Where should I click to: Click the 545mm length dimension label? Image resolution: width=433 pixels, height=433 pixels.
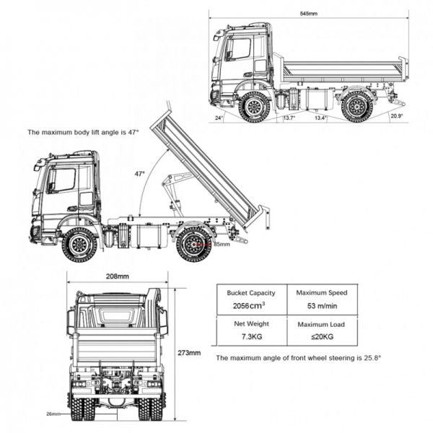tap(309, 14)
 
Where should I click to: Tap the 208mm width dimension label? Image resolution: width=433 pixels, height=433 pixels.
tap(118, 276)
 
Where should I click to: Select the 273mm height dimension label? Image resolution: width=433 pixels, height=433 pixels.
tap(190, 353)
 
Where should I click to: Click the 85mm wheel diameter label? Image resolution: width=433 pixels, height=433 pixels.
tap(222, 244)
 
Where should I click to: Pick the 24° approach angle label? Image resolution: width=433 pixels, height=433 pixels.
tap(219, 117)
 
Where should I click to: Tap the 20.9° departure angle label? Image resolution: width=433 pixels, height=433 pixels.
tap(396, 115)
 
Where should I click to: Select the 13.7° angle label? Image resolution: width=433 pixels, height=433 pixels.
tap(289, 118)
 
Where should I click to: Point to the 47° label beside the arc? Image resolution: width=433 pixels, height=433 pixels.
tap(139, 174)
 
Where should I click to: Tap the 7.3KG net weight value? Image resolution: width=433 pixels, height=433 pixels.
tap(251, 338)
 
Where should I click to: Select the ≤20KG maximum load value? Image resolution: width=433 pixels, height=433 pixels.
tap(321, 338)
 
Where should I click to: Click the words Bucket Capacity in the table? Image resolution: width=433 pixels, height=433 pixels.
tap(251, 293)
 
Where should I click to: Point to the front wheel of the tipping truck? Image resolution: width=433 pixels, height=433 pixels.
tap(79, 244)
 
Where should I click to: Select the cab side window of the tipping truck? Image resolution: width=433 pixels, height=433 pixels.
tap(61, 180)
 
